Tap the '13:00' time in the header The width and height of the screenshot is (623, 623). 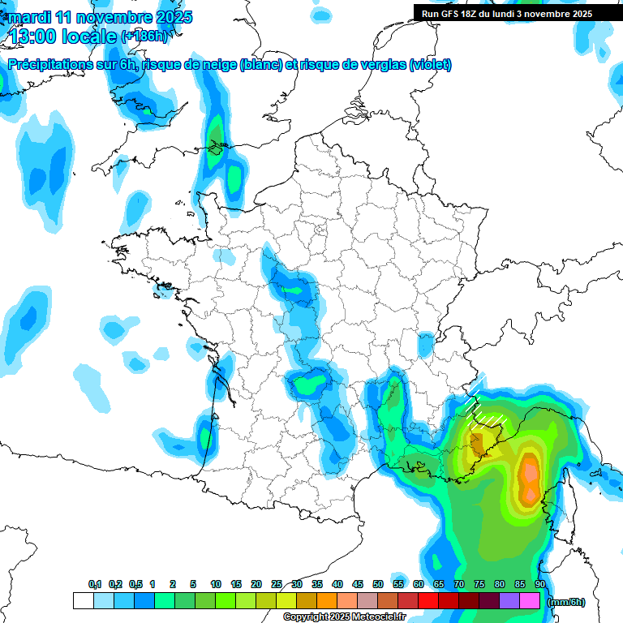click(33, 36)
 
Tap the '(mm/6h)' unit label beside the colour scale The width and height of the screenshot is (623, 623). click(567, 602)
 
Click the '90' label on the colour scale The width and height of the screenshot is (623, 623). click(540, 585)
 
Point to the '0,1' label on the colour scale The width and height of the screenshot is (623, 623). click(95, 585)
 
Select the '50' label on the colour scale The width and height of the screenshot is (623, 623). click(378, 585)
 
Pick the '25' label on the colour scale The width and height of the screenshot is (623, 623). click(277, 585)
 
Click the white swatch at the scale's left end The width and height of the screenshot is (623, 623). click(83, 601)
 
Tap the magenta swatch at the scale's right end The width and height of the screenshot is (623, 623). click(530, 601)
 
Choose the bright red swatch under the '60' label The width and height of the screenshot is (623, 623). click(428, 601)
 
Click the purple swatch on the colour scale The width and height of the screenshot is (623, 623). click(509, 601)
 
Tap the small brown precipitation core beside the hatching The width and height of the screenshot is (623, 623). click(478, 443)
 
